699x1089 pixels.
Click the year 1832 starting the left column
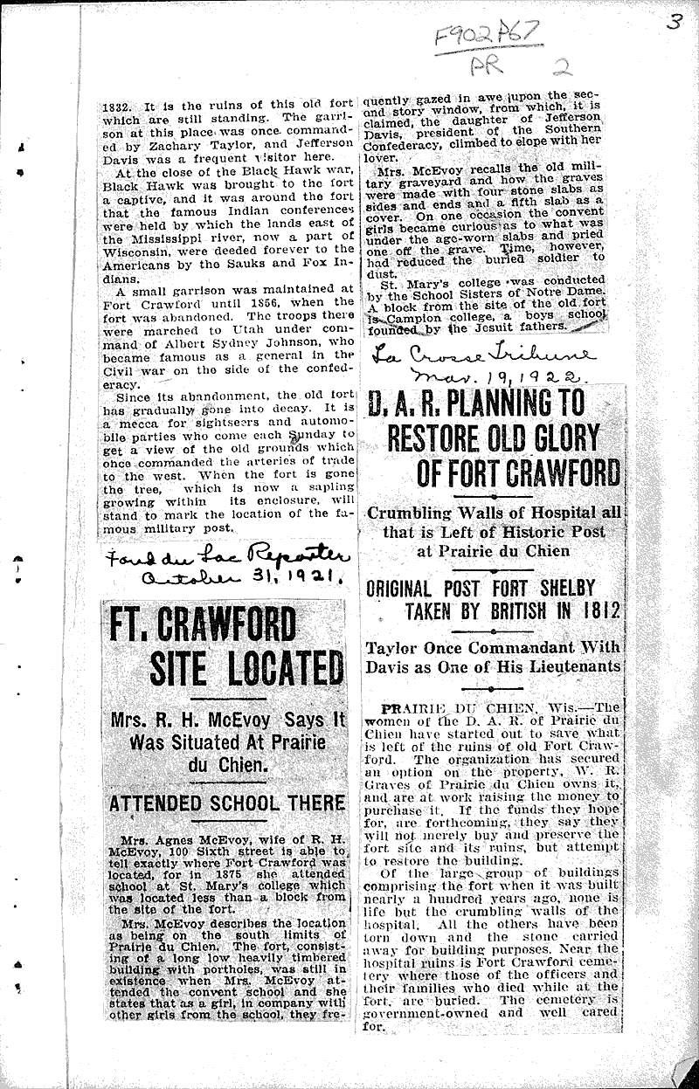112,100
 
